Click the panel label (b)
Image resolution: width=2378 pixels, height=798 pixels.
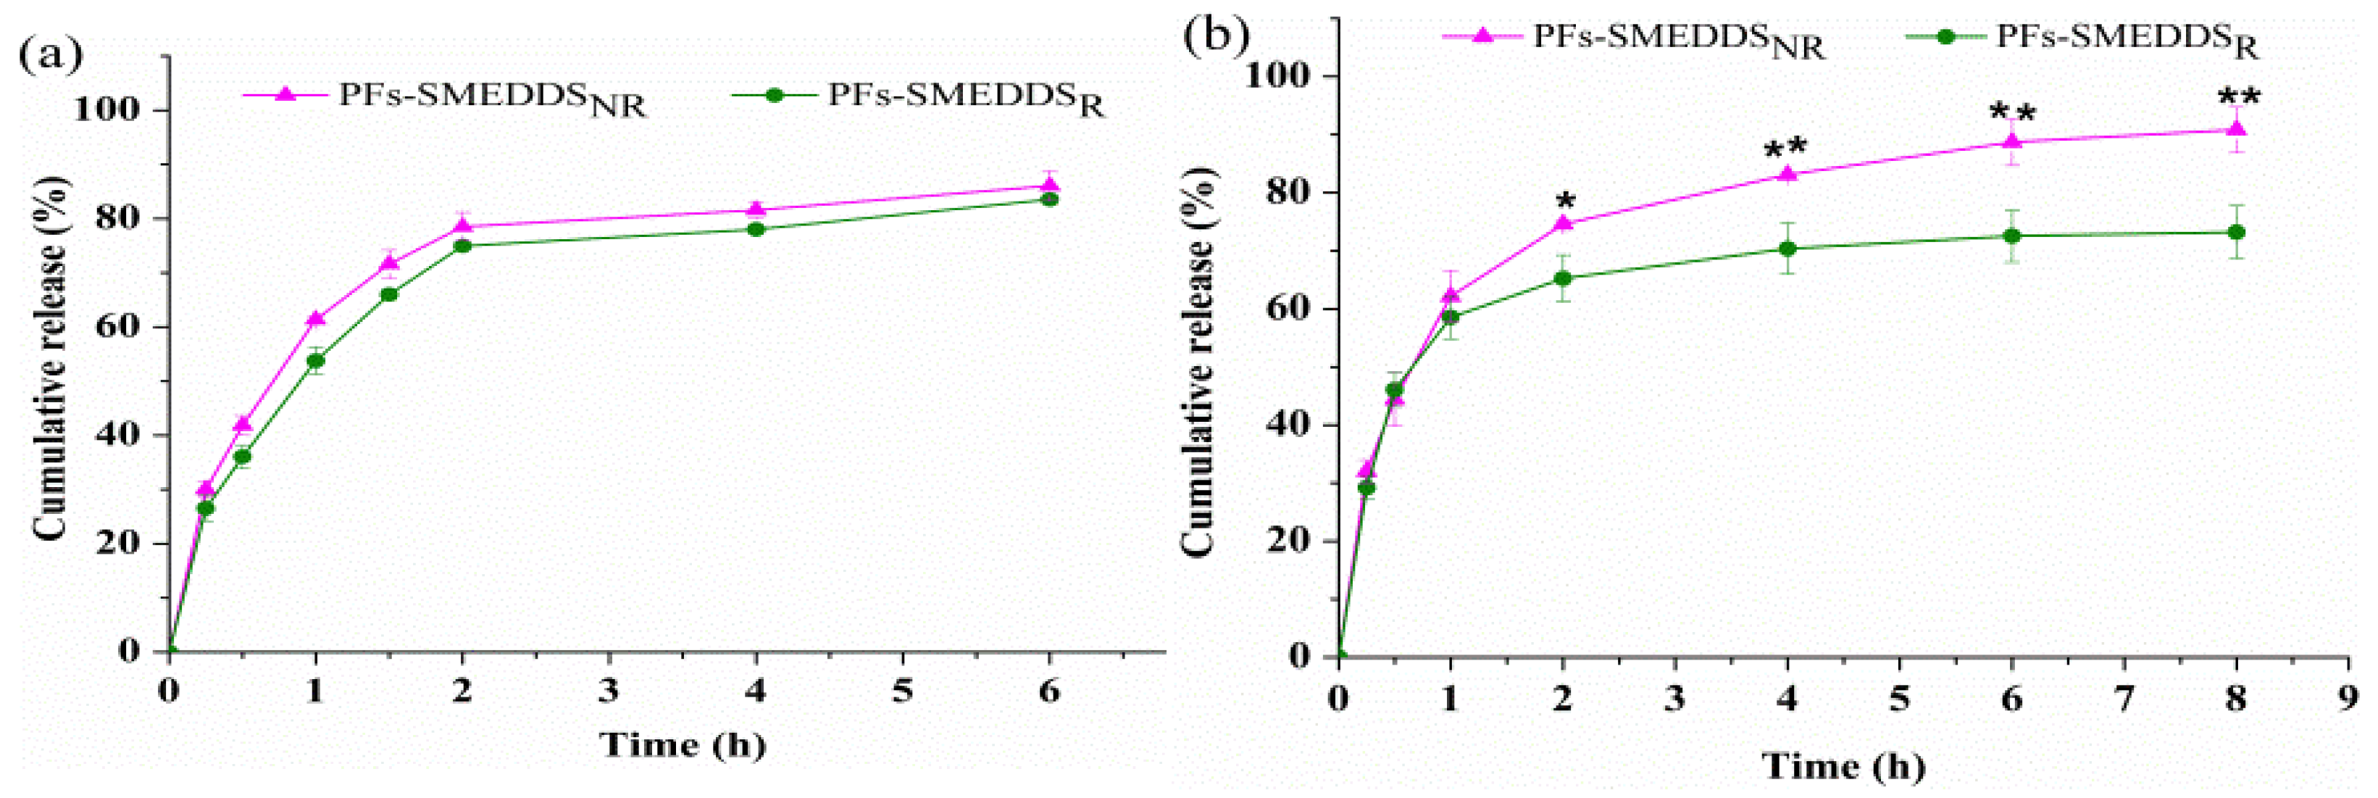[x=1217, y=35]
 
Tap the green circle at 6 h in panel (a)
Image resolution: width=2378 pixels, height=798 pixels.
[x=1050, y=199]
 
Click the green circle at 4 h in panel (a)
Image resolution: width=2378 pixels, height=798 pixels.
[x=756, y=229]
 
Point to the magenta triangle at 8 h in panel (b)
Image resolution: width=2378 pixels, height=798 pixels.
[x=2237, y=128]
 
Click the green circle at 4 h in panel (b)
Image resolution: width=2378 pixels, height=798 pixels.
[x=1788, y=249]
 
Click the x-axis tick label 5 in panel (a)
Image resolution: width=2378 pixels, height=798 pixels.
[x=902, y=691]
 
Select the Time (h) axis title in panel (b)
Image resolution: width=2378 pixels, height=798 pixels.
[x=1843, y=765]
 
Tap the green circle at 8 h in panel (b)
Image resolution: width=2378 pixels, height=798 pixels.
[x=2237, y=232]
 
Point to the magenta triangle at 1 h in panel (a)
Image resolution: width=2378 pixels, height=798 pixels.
[x=316, y=317]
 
